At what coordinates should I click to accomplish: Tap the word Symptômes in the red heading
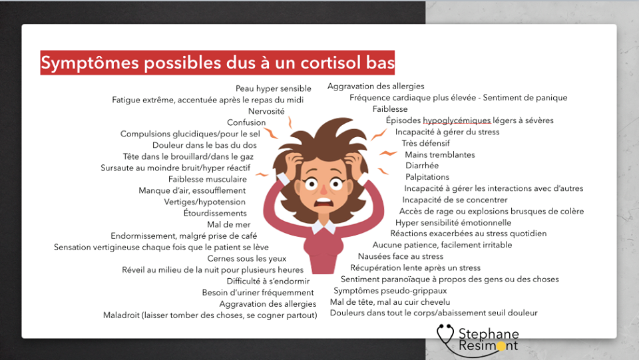tap(90, 63)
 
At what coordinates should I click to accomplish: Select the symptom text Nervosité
tap(266, 111)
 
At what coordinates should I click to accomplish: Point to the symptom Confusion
tap(246, 122)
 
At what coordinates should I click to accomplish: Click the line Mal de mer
tap(228, 224)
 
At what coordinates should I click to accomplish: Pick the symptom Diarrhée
tap(422, 165)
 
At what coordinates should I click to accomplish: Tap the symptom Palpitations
tap(427, 177)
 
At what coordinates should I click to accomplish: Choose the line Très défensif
tap(426, 143)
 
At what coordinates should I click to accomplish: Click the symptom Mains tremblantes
tap(440, 155)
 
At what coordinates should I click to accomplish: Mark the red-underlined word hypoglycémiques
tap(457, 120)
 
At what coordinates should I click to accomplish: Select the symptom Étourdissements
tap(215, 213)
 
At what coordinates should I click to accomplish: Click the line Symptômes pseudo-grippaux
tap(391, 291)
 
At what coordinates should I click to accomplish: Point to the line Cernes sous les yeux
tap(247, 259)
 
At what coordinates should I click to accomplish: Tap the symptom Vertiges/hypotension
tap(204, 202)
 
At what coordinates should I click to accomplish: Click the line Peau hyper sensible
tap(274, 89)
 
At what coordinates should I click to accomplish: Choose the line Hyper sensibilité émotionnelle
tap(453, 223)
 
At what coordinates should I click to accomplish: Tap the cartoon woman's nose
tap(323, 189)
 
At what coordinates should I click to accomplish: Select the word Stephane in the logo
tap(489, 334)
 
